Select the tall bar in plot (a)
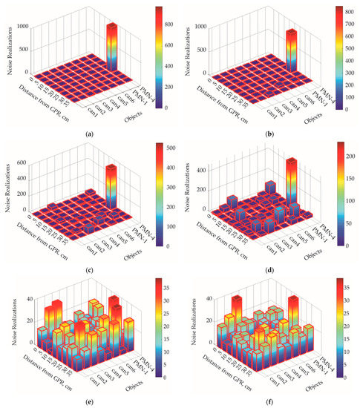112,48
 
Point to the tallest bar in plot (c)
111,185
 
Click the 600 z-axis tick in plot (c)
22,162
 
